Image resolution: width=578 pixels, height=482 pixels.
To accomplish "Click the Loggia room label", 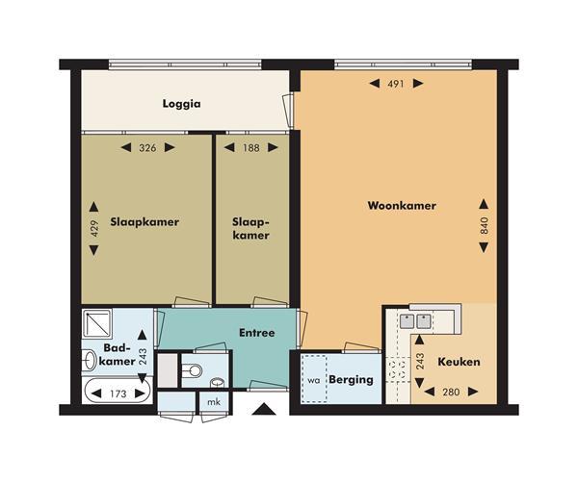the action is pyautogui.click(x=182, y=104).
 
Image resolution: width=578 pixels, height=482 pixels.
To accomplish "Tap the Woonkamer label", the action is pyautogui.click(x=402, y=206).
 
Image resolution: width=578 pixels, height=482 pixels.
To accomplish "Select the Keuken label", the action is pyautogui.click(x=459, y=362).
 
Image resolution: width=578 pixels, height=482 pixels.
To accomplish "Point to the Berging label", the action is pyautogui.click(x=351, y=380).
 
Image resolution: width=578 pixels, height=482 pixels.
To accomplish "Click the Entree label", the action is pyautogui.click(x=257, y=333).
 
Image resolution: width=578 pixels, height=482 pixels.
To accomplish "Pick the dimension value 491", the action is pyautogui.click(x=396, y=84).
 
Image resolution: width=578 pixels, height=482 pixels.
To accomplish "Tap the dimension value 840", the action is pyautogui.click(x=485, y=226).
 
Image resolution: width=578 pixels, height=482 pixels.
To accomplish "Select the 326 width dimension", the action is pyautogui.click(x=147, y=148).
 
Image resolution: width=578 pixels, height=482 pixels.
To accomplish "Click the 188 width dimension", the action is pyautogui.click(x=251, y=148).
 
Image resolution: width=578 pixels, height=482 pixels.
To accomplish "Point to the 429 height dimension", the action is pyautogui.click(x=94, y=228).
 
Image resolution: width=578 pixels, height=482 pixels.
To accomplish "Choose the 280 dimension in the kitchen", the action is pyautogui.click(x=451, y=393).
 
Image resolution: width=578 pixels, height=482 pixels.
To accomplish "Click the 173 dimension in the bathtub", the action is pyautogui.click(x=118, y=394).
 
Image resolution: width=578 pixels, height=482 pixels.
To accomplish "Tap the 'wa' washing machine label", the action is pyautogui.click(x=314, y=380).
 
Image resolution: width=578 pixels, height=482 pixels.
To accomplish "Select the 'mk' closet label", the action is pyautogui.click(x=214, y=402).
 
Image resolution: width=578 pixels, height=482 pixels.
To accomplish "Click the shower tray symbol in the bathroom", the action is pyautogui.click(x=97, y=324).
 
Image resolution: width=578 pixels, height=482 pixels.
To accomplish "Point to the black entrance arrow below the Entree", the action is pyautogui.click(x=264, y=409).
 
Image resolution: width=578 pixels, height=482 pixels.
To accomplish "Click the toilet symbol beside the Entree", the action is pyautogui.click(x=192, y=370).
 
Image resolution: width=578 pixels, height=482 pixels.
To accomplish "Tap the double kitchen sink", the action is pyautogui.click(x=416, y=321).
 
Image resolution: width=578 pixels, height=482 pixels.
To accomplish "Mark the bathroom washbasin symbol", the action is pyautogui.click(x=89, y=360).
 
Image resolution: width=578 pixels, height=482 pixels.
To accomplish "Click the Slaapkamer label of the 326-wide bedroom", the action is pyautogui.click(x=144, y=222).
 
